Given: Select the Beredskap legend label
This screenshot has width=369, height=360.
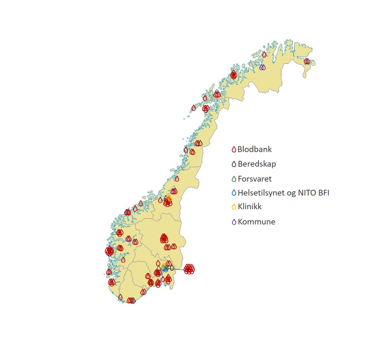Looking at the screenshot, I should (x=257, y=164).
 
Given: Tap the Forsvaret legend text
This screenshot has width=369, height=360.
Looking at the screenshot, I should (x=255, y=179).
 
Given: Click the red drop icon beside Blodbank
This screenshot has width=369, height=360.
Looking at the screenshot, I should (x=234, y=150).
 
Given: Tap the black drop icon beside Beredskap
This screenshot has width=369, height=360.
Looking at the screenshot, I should (x=234, y=165).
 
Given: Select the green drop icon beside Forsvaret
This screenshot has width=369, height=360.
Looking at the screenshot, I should (x=234, y=179).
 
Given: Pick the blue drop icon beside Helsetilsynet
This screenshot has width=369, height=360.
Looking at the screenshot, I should (x=234, y=193).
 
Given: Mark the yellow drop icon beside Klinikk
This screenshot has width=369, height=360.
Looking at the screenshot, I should (x=234, y=208).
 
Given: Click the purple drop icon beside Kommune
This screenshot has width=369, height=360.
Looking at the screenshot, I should (x=234, y=222).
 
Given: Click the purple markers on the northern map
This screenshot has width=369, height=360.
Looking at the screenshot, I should (x=262, y=67).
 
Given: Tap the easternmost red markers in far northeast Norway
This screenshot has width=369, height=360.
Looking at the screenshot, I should (x=307, y=61).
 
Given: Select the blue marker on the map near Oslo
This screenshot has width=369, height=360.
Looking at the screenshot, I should (x=165, y=268).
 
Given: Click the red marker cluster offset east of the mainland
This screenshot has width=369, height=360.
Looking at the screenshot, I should (x=189, y=269).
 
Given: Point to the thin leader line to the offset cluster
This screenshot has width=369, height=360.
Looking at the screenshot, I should (x=176, y=269).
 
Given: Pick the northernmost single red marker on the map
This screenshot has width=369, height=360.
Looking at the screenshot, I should (x=264, y=55).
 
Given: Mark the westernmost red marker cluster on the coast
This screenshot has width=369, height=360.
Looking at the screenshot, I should (x=109, y=251).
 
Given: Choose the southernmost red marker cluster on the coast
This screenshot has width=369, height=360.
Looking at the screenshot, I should (x=130, y=301).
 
